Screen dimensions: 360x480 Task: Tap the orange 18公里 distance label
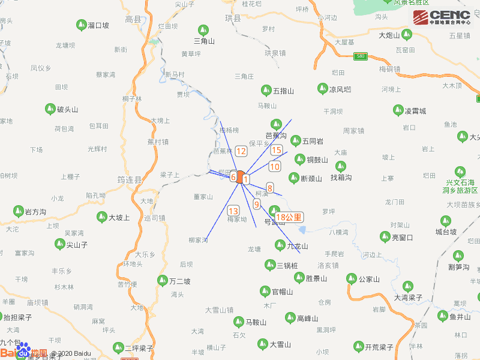point(289,217)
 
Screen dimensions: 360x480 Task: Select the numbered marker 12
point(241,151)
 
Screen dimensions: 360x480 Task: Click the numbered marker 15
point(277,150)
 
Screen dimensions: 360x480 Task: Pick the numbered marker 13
point(233,211)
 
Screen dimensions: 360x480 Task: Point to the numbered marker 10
point(275,167)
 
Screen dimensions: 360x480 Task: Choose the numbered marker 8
point(270,188)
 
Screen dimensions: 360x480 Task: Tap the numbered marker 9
point(257,204)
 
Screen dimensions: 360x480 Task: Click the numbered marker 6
point(233,177)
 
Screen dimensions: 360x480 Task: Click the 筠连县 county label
point(129,179)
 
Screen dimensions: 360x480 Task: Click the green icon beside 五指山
point(266,91)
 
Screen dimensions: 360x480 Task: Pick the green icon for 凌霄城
point(397,110)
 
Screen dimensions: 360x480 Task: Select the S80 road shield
point(360,56)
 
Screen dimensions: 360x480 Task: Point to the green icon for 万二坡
point(162,280)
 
